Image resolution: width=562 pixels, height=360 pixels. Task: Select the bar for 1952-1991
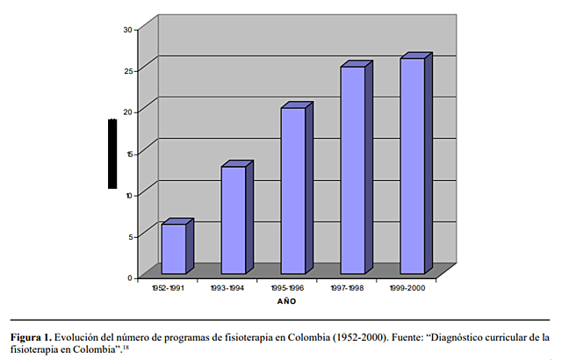click(174, 248)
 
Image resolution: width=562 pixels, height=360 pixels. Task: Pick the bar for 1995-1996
click(293, 191)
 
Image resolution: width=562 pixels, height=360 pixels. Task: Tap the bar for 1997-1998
click(353, 169)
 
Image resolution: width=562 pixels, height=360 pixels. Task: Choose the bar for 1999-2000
click(413, 165)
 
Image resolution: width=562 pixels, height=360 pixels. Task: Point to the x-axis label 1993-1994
click(227, 286)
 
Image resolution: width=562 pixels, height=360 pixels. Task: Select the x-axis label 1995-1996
click(286, 286)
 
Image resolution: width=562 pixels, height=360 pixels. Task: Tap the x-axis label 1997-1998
click(346, 286)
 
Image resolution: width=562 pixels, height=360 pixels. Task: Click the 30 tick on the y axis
click(127, 29)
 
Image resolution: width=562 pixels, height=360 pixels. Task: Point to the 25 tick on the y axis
click(127, 70)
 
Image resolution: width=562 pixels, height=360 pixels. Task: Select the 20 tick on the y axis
click(127, 112)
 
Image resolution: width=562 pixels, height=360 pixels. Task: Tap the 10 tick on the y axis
click(127, 195)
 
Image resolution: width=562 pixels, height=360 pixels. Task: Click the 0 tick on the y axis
click(129, 277)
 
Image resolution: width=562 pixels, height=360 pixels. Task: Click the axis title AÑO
click(286, 301)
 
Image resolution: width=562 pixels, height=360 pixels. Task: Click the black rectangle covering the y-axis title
click(112, 153)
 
